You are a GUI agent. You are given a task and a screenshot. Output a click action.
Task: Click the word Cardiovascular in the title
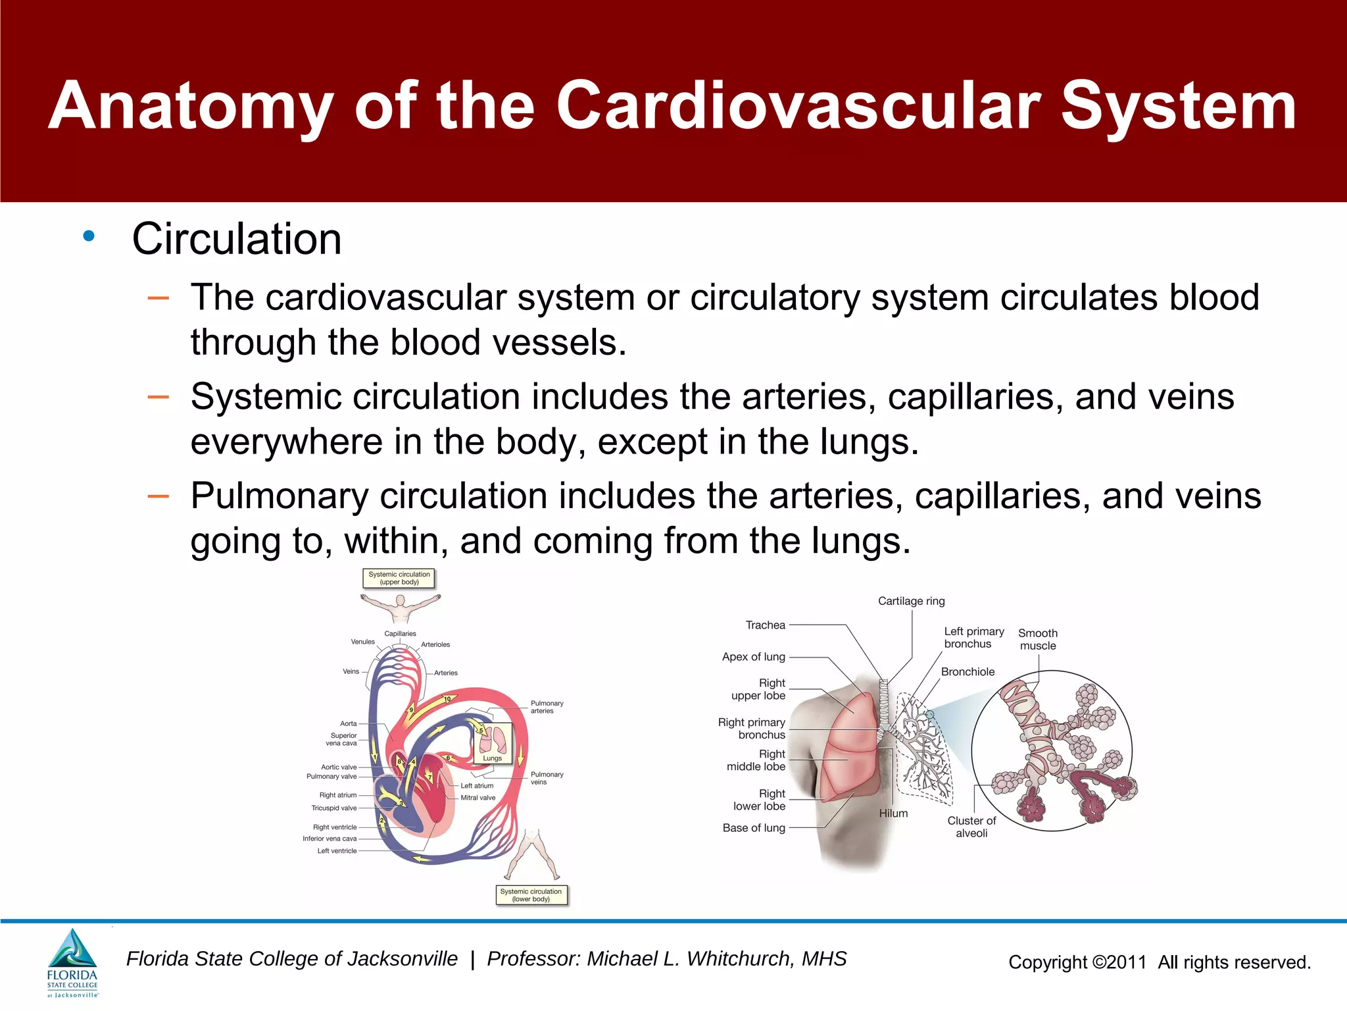pyautogui.click(x=798, y=105)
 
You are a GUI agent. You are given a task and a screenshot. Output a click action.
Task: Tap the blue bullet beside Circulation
pyautogui.click(x=89, y=236)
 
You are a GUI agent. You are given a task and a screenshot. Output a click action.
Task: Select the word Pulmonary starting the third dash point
pyautogui.click(x=279, y=496)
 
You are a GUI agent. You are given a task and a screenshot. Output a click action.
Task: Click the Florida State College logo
pyautogui.click(x=72, y=962)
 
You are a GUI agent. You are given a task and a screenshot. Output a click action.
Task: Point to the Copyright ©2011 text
pyautogui.click(x=1077, y=962)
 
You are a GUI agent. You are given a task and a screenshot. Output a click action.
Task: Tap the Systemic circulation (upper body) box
pyautogui.click(x=399, y=578)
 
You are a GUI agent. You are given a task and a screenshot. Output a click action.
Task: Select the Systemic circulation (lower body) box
pyautogui.click(x=531, y=895)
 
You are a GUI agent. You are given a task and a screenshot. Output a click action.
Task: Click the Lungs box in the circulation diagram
pyautogui.click(x=493, y=744)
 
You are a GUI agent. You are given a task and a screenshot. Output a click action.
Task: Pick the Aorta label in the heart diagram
pyautogui.click(x=348, y=723)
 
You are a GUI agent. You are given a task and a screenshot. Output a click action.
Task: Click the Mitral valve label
pyautogui.click(x=478, y=798)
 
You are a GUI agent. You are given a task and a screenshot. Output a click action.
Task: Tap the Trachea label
pyautogui.click(x=765, y=625)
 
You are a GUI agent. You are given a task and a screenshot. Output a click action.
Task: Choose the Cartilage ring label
pyautogui.click(x=911, y=601)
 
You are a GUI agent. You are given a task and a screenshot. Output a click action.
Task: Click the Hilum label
pyautogui.click(x=893, y=814)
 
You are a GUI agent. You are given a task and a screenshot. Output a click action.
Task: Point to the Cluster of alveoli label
pyautogui.click(x=971, y=827)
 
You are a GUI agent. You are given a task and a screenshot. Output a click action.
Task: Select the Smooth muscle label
pyautogui.click(x=1038, y=639)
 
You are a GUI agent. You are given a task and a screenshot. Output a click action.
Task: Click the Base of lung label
pyautogui.click(x=754, y=828)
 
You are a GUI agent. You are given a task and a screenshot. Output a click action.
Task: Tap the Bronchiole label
pyautogui.click(x=967, y=672)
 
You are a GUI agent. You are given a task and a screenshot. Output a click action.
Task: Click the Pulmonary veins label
pyautogui.click(x=546, y=778)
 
